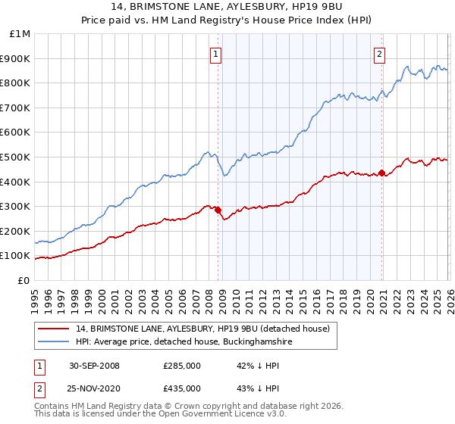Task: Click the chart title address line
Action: pyautogui.click(x=227, y=7)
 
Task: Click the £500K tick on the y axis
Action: pyautogui.click(x=15, y=157)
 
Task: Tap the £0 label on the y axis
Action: pyautogui.click(x=24, y=280)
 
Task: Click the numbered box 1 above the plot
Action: pyautogui.click(x=217, y=54)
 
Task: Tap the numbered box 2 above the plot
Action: pyautogui.click(x=379, y=54)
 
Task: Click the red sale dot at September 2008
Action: pyautogui.click(x=218, y=210)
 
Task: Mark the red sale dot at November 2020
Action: pyautogui.click(x=381, y=172)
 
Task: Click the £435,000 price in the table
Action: pyautogui.click(x=182, y=388)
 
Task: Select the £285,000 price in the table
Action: pyautogui.click(x=182, y=366)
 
